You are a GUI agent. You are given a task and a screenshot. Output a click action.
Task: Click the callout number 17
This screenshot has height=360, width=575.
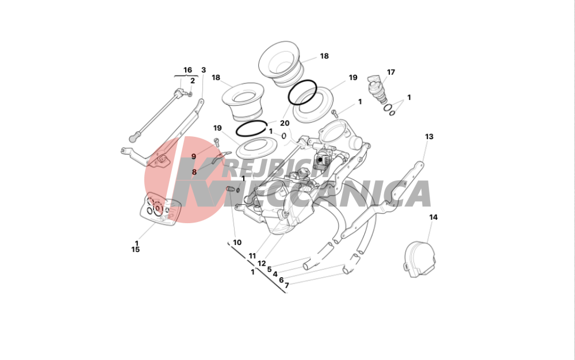pyautogui.click(x=391, y=72)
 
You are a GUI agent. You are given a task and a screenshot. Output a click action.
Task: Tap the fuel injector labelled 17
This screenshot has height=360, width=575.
pyautogui.click(x=377, y=90)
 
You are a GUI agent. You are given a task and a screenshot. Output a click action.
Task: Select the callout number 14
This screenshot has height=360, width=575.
pyautogui.click(x=434, y=217)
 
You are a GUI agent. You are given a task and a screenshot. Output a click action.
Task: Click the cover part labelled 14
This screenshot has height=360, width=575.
pyautogui.click(x=420, y=259)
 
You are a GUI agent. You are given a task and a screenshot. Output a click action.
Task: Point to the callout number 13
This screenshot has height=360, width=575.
pyautogui.click(x=429, y=136)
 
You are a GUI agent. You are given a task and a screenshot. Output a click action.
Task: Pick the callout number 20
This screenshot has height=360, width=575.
pyautogui.click(x=285, y=123)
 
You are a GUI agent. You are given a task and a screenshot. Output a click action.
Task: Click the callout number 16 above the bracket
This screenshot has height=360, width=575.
pyautogui.click(x=187, y=70)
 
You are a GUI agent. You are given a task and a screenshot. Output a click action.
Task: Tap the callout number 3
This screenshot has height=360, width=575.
pyautogui.click(x=204, y=70)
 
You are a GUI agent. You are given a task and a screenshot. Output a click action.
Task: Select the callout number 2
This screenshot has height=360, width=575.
pyautogui.click(x=193, y=81)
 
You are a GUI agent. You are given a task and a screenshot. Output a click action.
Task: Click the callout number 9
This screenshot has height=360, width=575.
pyautogui.click(x=194, y=156)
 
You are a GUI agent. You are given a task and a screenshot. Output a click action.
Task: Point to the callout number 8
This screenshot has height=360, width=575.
pyautogui.click(x=194, y=171)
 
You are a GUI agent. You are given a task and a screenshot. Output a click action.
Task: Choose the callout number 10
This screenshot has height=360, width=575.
pyautogui.click(x=237, y=242)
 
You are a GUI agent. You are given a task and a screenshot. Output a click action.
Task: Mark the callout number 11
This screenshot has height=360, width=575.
pyautogui.click(x=252, y=256)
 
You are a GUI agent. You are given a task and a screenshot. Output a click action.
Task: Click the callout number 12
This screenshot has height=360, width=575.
pyautogui.click(x=262, y=263)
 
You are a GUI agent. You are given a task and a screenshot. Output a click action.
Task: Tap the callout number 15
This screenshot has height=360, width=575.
pyautogui.click(x=135, y=249)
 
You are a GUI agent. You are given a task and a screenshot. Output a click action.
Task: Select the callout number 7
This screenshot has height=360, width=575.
pyautogui.click(x=287, y=285)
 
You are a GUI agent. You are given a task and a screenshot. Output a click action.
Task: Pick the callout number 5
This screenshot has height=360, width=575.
pyautogui.click(x=269, y=270)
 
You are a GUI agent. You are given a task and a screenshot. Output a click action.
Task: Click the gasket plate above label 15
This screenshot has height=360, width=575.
pyautogui.click(x=160, y=209)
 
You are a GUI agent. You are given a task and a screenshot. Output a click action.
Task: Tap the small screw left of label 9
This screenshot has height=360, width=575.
pyautogui.click(x=216, y=142)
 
